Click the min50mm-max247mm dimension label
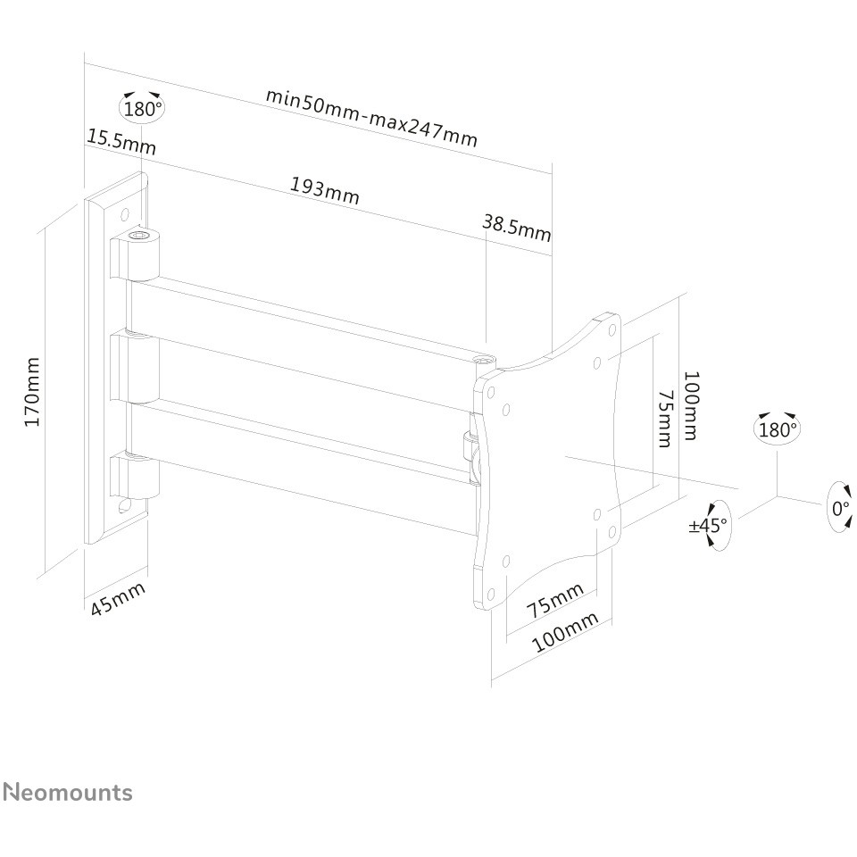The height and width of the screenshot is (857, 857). coord(371,117)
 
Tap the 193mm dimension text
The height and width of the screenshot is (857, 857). coord(325,189)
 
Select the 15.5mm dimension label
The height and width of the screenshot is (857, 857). coord(121,142)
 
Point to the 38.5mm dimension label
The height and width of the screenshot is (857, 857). coord(517,227)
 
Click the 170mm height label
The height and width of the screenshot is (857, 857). coord(32,392)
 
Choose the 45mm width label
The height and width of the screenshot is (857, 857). coord(118,598)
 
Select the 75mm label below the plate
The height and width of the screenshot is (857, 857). coord(555,600)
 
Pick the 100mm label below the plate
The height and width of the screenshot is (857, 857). coord(565,632)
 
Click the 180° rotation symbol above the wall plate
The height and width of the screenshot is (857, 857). coord(142,107)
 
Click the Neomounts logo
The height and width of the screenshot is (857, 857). coord(68,792)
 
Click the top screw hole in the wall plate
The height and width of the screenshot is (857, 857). coord(125,213)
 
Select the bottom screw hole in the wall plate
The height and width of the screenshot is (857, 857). coord(123,505)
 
